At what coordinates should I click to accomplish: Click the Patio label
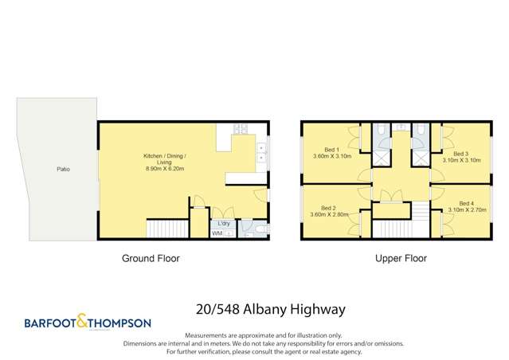pos(61,170)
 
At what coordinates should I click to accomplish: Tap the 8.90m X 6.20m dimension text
pos(164,169)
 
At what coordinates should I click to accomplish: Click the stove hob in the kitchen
pos(242,130)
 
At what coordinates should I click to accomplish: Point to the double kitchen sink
pos(261,152)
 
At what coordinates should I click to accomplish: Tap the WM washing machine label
pos(217,233)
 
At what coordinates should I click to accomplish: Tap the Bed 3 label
pos(460,153)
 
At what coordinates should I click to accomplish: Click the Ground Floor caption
pos(150,258)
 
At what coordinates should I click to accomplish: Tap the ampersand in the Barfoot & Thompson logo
pos(88,323)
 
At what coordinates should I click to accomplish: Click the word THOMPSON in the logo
pos(121,323)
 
